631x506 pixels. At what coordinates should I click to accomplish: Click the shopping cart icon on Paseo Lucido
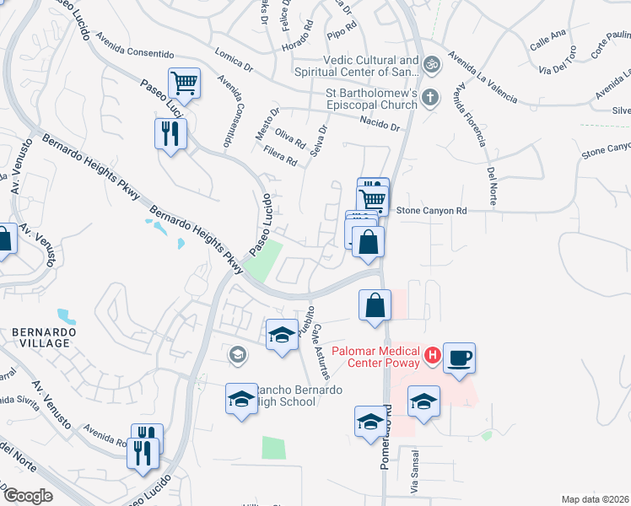pyautogui.click(x=184, y=83)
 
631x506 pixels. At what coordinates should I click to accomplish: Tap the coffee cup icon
pyautogui.click(x=460, y=358)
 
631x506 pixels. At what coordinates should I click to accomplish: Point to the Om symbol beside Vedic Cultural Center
pyautogui.click(x=431, y=63)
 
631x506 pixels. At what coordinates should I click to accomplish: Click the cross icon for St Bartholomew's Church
pyautogui.click(x=430, y=97)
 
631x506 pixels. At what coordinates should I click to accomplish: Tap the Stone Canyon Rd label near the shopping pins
pyautogui.click(x=431, y=210)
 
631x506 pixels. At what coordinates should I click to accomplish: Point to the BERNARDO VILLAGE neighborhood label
pyautogui.click(x=44, y=338)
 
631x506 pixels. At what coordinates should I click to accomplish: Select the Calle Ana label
pyautogui.click(x=547, y=40)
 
